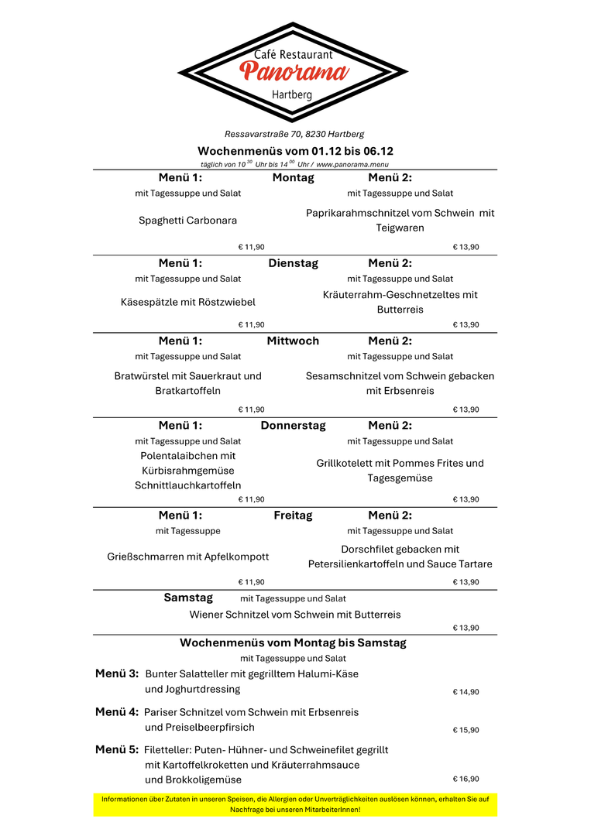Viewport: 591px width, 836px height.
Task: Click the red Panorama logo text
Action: pos(294,72)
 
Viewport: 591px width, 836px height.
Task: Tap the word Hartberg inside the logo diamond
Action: pos(292,94)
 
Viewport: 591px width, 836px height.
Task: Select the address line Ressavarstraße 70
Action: pos(294,134)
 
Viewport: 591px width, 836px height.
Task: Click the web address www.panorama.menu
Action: pos(352,164)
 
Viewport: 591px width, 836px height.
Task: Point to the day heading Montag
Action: pos(293,178)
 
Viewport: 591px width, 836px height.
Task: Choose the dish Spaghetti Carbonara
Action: pos(187,221)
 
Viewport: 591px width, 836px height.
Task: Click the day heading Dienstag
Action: pos(293,263)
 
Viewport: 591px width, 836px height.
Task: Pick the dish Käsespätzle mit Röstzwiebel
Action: pos(187,302)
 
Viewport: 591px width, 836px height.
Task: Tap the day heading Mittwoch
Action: pos(293,341)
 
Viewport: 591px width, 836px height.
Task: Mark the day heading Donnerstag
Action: pos(293,426)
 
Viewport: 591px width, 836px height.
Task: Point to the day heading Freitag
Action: pos(293,516)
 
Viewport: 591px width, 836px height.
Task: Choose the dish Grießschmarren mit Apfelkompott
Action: pos(187,557)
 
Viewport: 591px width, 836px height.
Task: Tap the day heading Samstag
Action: pos(187,598)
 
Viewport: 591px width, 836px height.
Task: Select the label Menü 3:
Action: pos(117,673)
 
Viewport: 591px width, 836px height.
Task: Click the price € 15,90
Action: pos(466,730)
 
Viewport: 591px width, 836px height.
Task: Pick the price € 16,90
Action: pos(466,779)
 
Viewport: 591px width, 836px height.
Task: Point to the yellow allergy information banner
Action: pos(295,804)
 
